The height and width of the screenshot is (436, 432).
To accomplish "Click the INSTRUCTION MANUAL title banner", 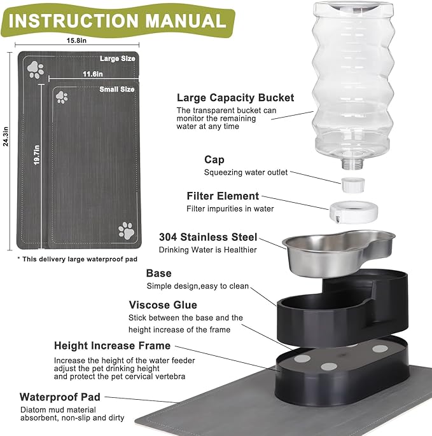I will pyautogui.click(x=117, y=21).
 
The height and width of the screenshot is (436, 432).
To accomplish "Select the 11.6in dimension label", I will pyautogui.click(x=93, y=74).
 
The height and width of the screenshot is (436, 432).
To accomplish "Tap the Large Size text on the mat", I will pyautogui.click(x=118, y=58).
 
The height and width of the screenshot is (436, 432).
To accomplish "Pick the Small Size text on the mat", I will pyautogui.click(x=117, y=90).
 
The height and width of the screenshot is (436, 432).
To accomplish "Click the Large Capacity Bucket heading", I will pyautogui.click(x=235, y=98).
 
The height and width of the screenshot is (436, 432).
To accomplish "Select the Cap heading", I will pyautogui.click(x=214, y=160).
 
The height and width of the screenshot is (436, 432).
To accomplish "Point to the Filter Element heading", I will pyautogui.click(x=223, y=196).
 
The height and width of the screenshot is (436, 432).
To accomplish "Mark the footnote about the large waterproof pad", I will pyautogui.click(x=67, y=259).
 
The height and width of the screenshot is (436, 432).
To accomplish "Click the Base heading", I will pyautogui.click(x=158, y=273).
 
